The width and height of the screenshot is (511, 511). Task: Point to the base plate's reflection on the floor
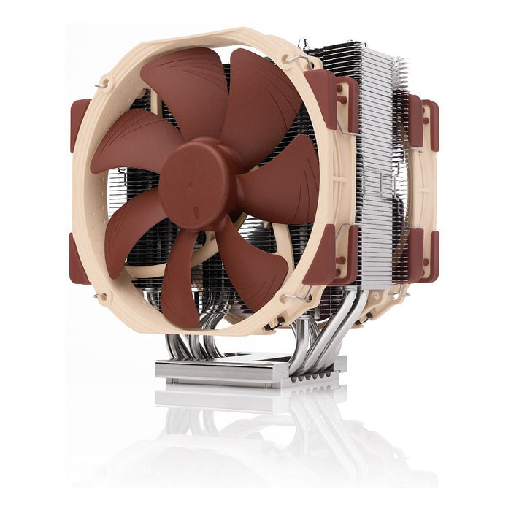point(248,398)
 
